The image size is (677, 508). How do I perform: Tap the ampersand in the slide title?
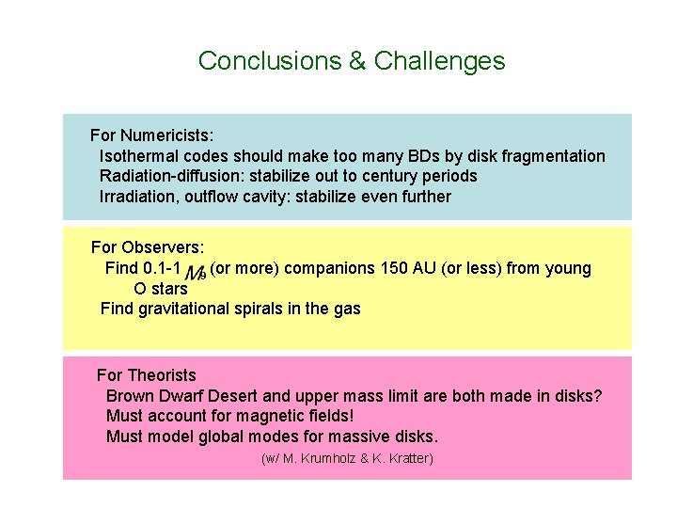pos(356,61)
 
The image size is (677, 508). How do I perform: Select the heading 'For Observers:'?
pos(147,247)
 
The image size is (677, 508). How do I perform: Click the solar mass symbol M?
pos(196,272)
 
